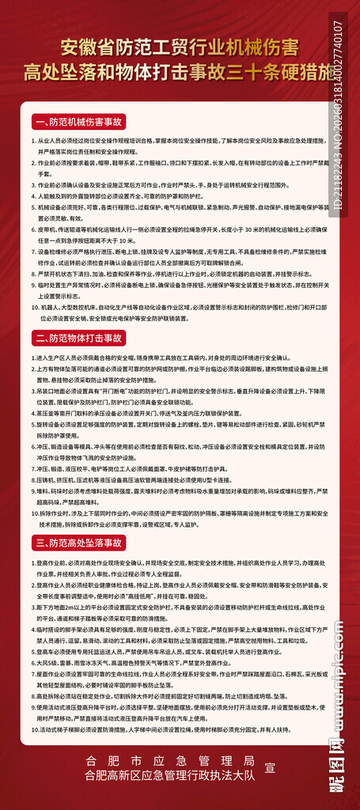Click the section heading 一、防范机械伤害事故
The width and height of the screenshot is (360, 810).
coord(80,123)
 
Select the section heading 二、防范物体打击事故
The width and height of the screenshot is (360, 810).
coord(80,338)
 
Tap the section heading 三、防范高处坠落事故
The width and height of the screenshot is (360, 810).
coord(80,543)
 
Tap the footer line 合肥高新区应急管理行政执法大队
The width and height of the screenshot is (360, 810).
coord(171,776)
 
